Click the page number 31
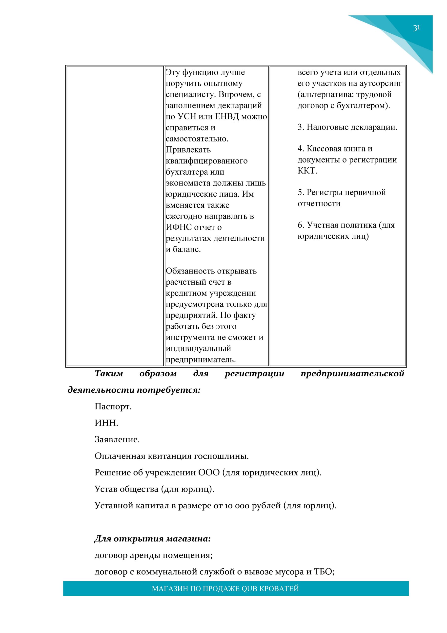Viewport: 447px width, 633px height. pyautogui.click(x=416, y=28)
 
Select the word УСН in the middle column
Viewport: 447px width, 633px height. pyautogui.click(x=187, y=117)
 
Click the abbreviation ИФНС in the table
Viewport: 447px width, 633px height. pyautogui.click(x=179, y=227)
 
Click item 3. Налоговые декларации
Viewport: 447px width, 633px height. pyautogui.click(x=347, y=127)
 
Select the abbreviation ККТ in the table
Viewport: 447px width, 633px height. pyautogui.click(x=307, y=171)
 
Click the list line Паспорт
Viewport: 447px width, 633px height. pyautogui.click(x=113, y=407)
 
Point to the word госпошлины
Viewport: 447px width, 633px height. pyautogui.click(x=221, y=456)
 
